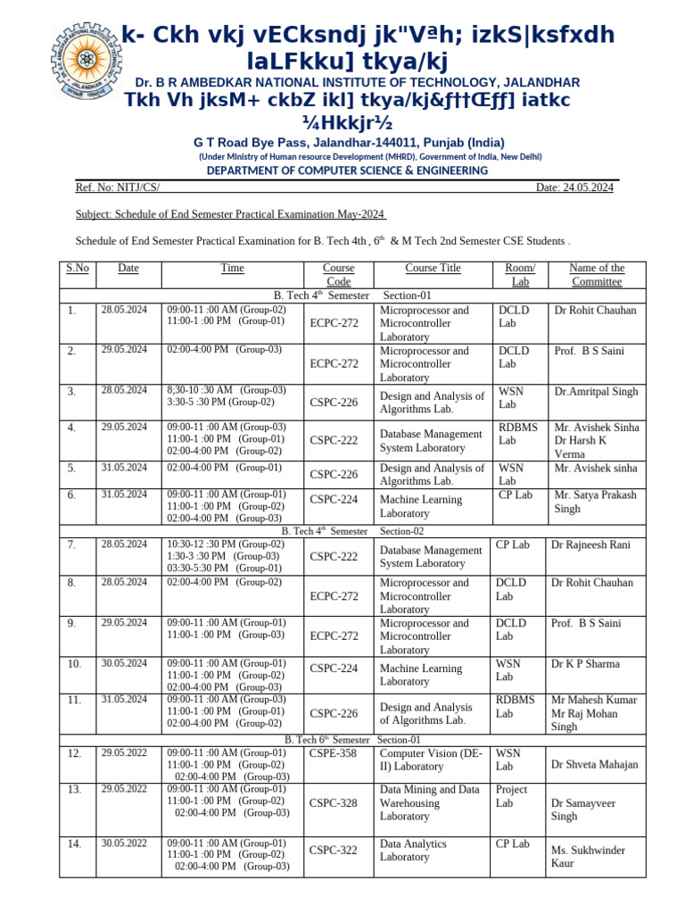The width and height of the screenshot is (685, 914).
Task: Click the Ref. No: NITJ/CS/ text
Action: (118, 187)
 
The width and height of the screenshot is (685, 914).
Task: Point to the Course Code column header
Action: (339, 275)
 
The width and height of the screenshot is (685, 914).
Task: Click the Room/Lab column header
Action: (519, 275)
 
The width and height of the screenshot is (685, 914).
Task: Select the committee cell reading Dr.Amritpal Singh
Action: (596, 392)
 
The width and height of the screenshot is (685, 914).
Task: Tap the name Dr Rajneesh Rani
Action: (591, 544)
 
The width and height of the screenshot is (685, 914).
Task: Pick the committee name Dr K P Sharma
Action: (584, 664)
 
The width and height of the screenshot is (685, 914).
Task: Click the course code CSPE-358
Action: (333, 754)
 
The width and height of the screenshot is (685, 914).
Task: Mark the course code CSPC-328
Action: (333, 803)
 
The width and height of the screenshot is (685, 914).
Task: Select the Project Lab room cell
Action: (512, 796)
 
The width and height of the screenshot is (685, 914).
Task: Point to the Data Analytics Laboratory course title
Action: (413, 851)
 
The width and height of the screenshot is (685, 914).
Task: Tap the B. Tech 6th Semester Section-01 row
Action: (352, 740)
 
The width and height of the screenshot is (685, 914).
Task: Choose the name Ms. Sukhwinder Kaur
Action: (587, 857)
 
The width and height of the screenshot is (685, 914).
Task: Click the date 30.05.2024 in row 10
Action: (124, 664)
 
